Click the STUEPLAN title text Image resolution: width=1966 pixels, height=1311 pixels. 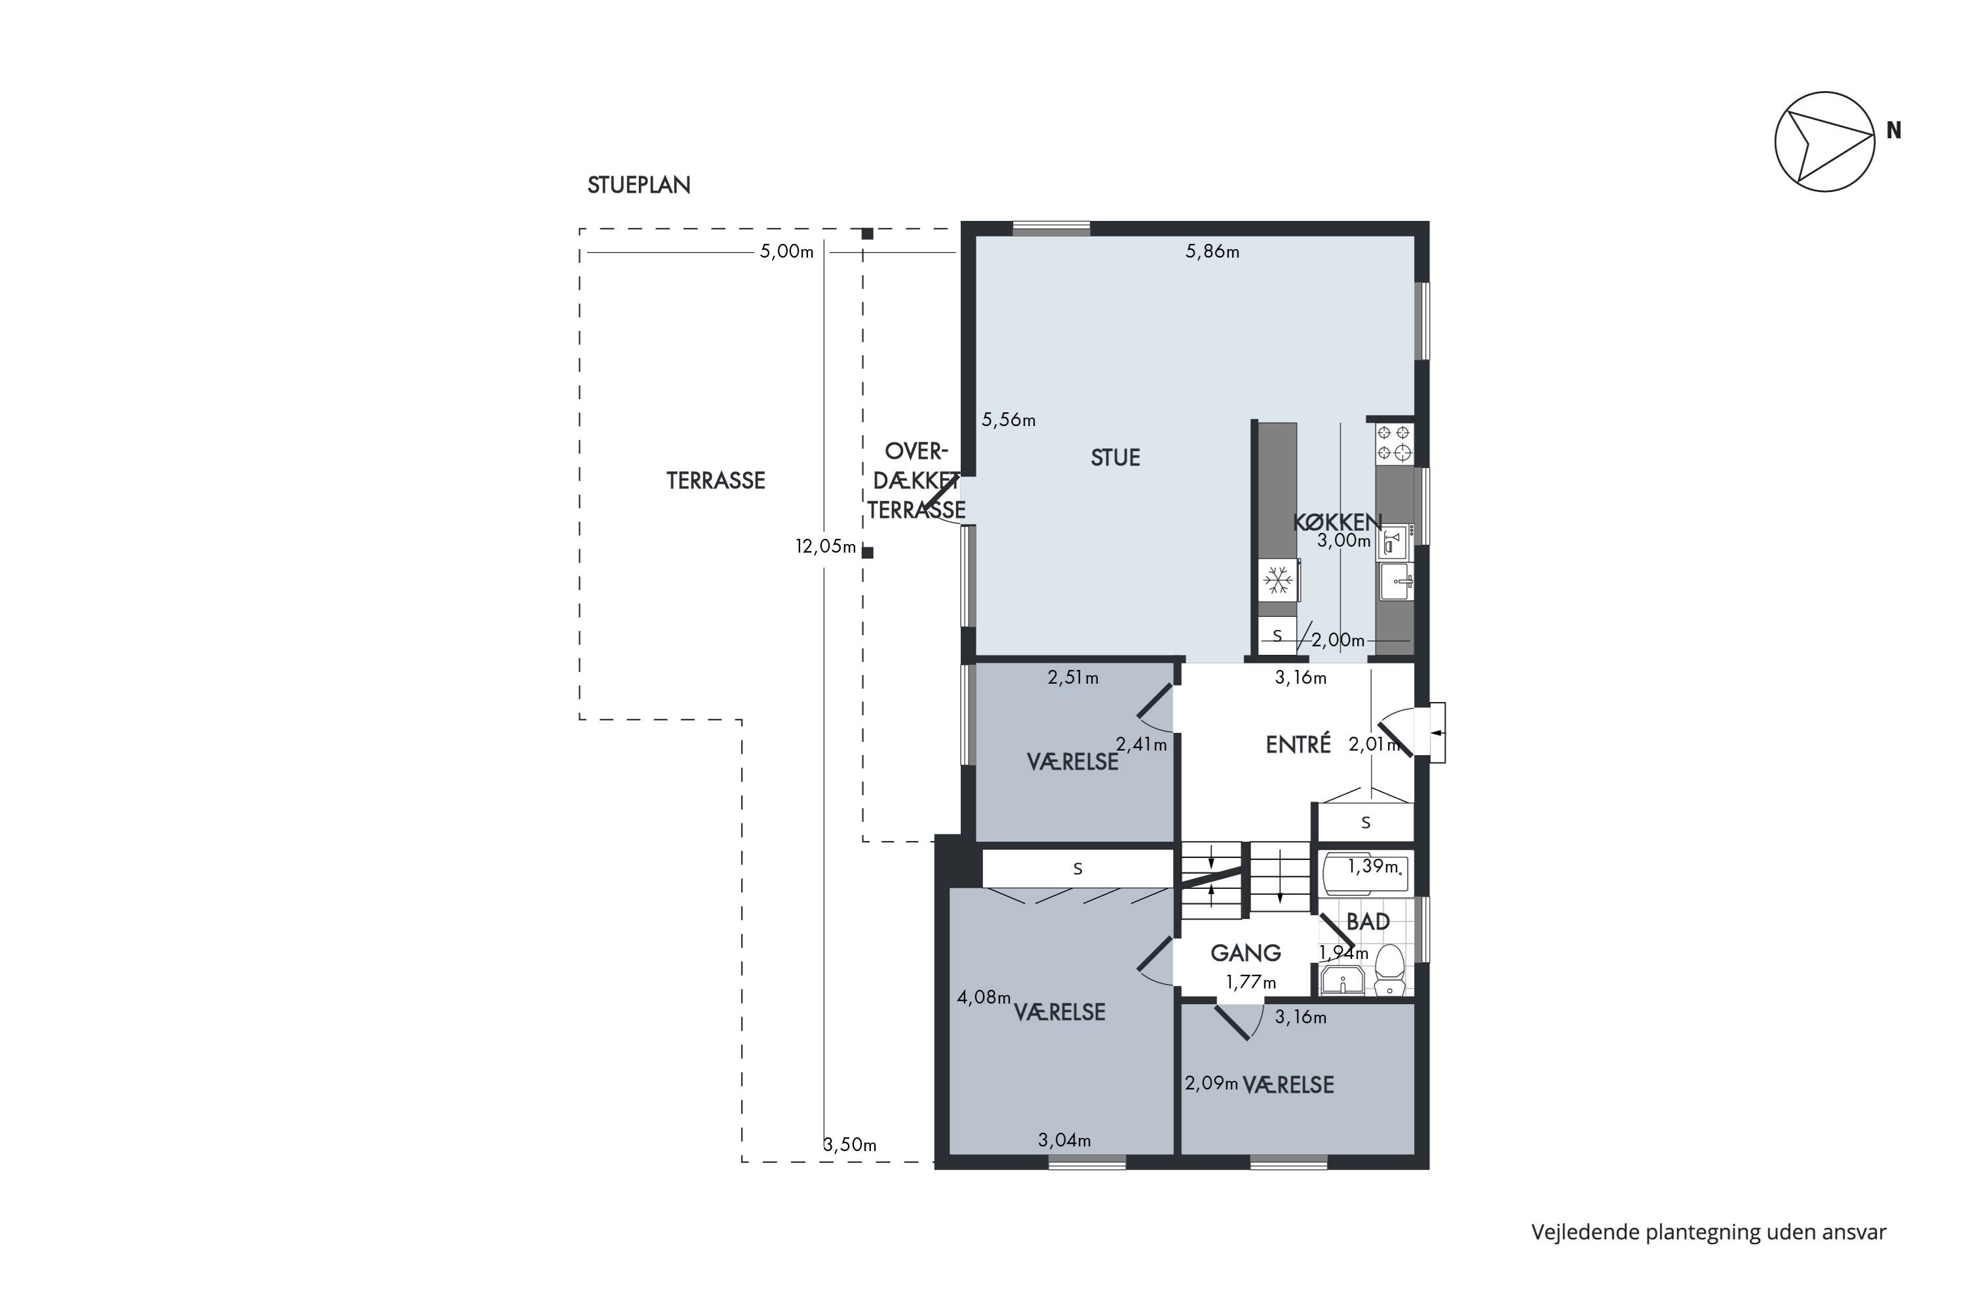point(638,186)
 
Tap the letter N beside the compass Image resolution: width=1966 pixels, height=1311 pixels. point(1893,130)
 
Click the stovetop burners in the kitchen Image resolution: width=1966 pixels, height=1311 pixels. point(1393,443)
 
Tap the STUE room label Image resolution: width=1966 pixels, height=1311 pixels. point(1115,458)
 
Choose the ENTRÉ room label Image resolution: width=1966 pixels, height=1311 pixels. point(1298,744)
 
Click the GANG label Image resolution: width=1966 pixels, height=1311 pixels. point(1246,952)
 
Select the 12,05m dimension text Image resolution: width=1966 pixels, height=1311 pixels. point(826,547)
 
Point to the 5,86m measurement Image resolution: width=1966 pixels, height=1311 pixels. point(1212,252)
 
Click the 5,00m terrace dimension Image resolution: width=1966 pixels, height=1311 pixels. point(786,252)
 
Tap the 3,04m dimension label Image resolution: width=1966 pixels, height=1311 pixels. point(1064,1140)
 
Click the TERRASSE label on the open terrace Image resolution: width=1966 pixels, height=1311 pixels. point(716,480)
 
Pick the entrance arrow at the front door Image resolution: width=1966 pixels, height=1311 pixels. point(1438,732)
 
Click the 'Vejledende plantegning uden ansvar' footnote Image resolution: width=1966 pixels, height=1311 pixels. point(1708,1232)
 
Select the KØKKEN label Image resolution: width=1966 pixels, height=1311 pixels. point(1338,522)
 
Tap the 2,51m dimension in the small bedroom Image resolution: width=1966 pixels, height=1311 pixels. point(1073,677)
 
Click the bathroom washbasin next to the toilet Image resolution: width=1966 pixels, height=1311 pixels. point(1342,980)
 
